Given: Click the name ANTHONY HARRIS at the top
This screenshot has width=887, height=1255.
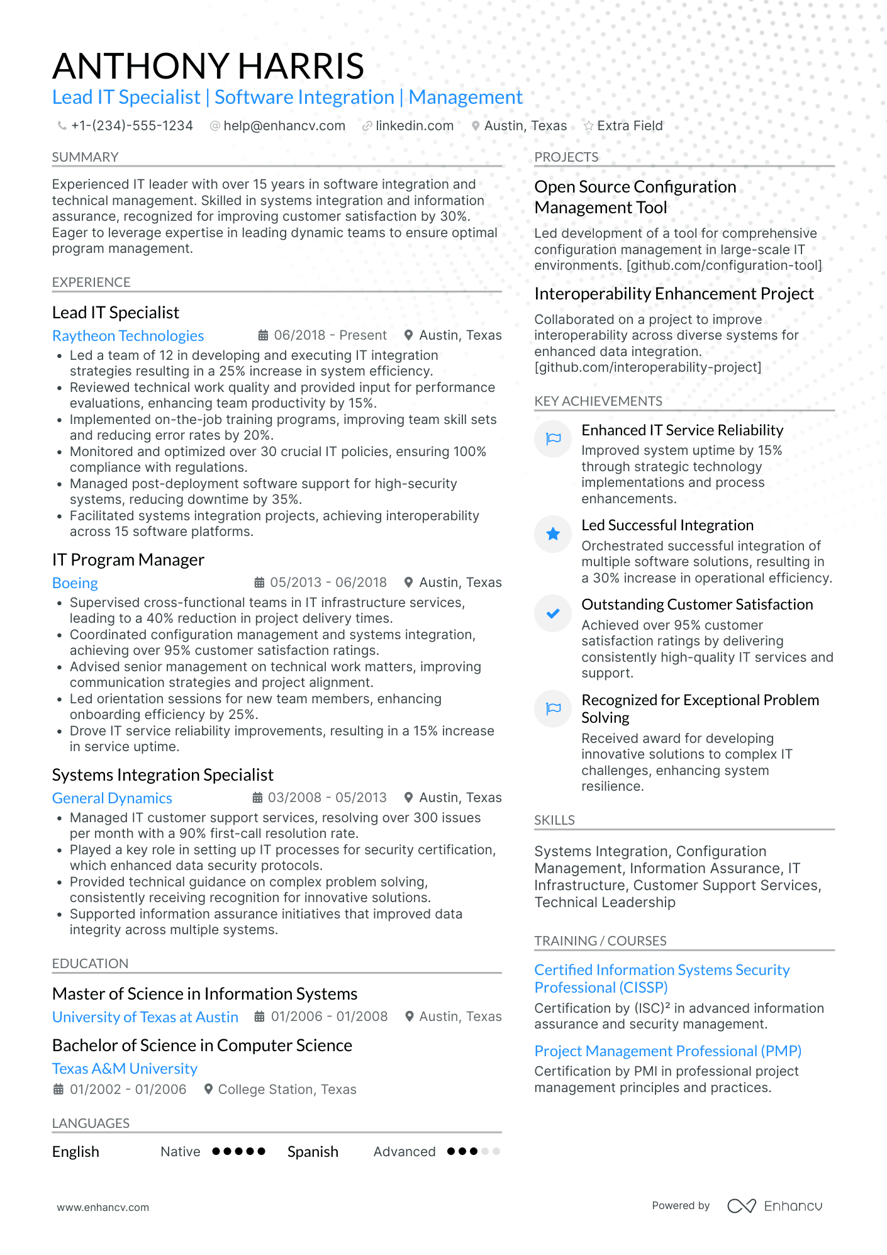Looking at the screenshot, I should pyautogui.click(x=208, y=66).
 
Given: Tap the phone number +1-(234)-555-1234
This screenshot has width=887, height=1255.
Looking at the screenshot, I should pyautogui.click(x=131, y=126).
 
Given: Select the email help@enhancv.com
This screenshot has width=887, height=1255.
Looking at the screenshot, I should pyautogui.click(x=284, y=126).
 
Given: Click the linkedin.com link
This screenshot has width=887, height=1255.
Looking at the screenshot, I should pyautogui.click(x=414, y=126).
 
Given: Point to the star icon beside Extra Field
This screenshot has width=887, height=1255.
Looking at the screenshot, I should pyautogui.click(x=589, y=126).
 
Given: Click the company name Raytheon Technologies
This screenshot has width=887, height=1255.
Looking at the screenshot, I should pyautogui.click(x=128, y=336).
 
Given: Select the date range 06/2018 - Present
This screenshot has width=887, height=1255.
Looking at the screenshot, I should pyautogui.click(x=330, y=335).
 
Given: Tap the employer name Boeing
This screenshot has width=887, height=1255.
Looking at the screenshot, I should pyautogui.click(x=75, y=583).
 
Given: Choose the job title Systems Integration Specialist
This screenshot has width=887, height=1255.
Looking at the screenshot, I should pyautogui.click(x=162, y=775).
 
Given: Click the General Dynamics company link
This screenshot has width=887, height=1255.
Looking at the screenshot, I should pyautogui.click(x=112, y=798).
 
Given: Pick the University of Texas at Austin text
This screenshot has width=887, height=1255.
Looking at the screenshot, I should pyautogui.click(x=145, y=1017).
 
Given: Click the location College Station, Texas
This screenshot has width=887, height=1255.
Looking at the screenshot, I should pyautogui.click(x=287, y=1090).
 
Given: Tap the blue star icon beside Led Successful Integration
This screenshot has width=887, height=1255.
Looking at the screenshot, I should pyautogui.click(x=553, y=534).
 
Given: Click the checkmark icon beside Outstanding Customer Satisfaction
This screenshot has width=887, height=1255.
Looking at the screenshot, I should pyautogui.click(x=553, y=613).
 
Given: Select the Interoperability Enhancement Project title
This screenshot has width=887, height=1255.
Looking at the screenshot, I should pyautogui.click(x=674, y=294).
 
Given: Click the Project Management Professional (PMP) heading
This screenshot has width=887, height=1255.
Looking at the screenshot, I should pyautogui.click(x=667, y=1051).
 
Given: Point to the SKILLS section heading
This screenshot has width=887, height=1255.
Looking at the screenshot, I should pyautogui.click(x=554, y=820).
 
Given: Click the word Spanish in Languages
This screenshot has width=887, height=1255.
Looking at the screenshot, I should pyautogui.click(x=313, y=1152).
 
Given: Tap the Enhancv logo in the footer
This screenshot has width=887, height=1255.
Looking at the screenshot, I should pyautogui.click(x=774, y=1206).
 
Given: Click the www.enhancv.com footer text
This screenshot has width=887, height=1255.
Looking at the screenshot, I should pyautogui.click(x=103, y=1207).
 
